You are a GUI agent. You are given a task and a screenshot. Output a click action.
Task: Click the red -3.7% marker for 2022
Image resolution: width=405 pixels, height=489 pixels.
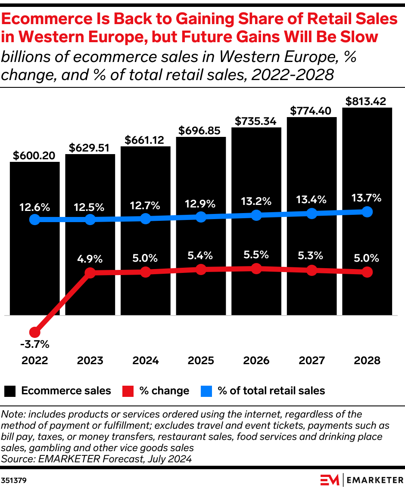(34, 332)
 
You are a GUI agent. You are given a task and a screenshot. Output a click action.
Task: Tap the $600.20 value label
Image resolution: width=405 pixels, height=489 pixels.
(34, 155)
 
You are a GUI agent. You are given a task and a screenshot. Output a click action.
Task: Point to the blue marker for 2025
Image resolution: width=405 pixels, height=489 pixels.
(201, 217)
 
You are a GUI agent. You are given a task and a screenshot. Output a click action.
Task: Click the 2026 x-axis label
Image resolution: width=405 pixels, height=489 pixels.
(256, 360)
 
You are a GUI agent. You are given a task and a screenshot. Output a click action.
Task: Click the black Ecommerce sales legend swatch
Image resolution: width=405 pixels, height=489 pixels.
(10, 391)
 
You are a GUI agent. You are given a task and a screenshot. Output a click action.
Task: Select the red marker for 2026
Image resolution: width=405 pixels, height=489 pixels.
(256, 269)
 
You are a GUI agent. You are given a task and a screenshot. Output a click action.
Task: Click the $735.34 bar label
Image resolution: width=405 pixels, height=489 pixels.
(256, 121)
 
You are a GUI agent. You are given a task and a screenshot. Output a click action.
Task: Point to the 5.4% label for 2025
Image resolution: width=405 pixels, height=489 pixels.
(201, 255)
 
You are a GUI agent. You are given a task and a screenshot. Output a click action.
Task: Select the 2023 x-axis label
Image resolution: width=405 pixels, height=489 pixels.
(90, 360)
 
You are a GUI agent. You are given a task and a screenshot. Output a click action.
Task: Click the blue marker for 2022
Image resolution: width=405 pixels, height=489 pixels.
(34, 220)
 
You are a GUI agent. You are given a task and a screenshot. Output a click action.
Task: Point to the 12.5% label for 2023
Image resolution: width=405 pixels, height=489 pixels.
(90, 207)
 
